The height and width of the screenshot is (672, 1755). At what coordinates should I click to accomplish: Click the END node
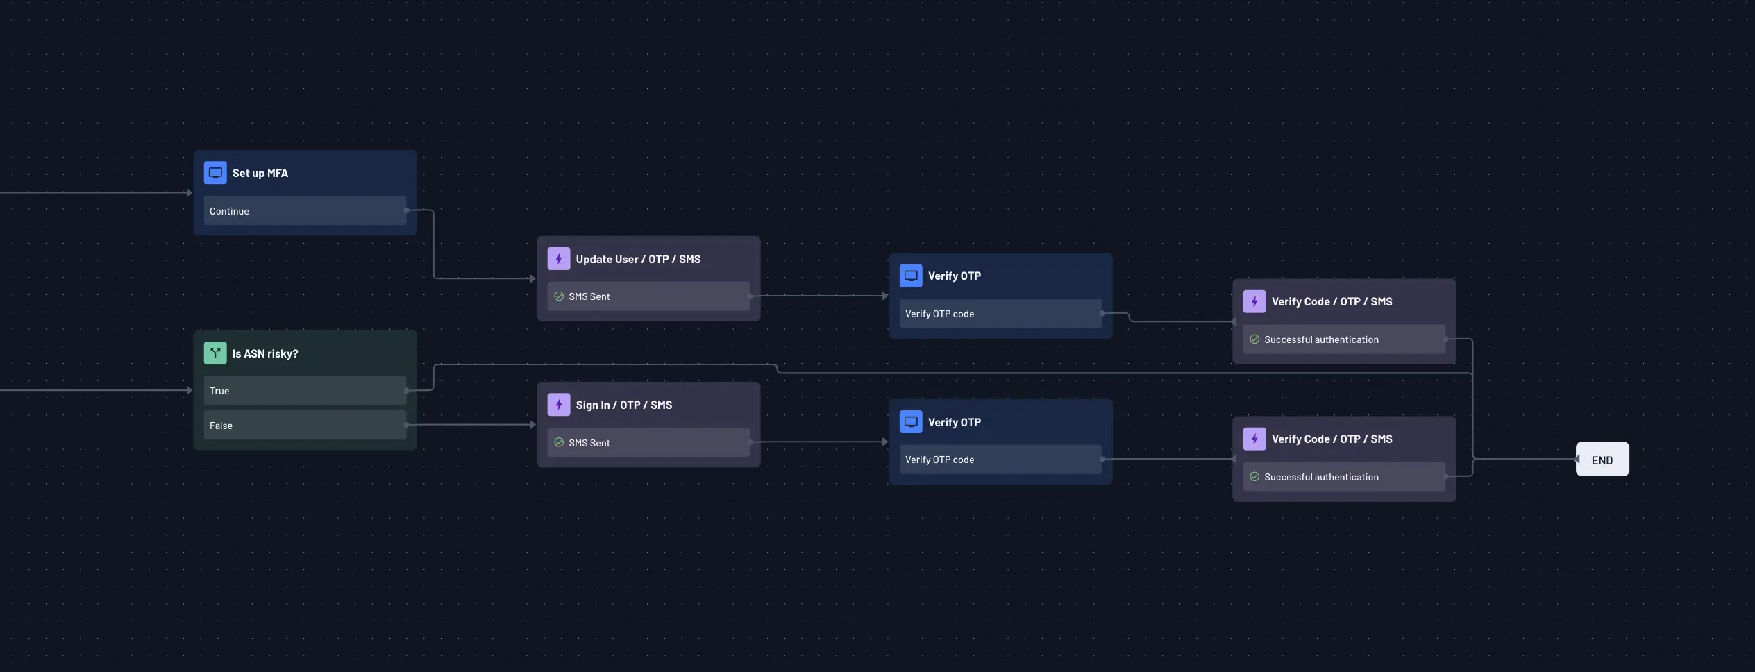[x=1602, y=460]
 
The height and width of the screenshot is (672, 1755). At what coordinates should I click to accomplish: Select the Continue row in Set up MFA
[x=304, y=210]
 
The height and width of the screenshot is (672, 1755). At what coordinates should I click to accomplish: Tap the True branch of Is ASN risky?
[x=304, y=391]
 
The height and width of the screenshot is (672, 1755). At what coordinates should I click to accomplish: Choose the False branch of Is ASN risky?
[x=304, y=426]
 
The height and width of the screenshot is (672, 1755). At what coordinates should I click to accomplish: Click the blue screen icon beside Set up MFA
[x=215, y=173]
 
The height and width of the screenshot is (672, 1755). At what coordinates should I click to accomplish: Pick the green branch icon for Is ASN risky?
[x=215, y=353]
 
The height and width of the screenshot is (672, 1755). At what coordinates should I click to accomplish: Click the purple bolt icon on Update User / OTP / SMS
[x=559, y=259]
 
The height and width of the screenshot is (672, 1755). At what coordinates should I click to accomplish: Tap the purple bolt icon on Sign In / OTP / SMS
[x=559, y=405]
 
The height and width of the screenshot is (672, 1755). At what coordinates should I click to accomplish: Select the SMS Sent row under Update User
[x=648, y=296]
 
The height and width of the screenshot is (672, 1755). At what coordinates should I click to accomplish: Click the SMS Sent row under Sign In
[x=648, y=443]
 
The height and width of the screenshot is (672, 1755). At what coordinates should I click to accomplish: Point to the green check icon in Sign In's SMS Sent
[x=559, y=442]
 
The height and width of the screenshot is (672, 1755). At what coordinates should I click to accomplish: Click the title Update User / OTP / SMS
[x=638, y=259]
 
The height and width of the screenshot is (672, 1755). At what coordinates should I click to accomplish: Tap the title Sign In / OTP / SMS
[x=623, y=405]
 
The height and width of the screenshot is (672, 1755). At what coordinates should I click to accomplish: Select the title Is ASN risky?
[x=265, y=353]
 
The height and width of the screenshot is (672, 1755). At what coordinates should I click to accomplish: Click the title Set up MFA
[x=260, y=173]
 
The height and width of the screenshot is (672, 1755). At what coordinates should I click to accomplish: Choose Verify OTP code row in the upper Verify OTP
[x=1000, y=314]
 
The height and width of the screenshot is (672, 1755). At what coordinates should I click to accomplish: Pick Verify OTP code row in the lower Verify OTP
[x=1000, y=460]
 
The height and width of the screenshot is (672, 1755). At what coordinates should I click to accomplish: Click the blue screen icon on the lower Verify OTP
[x=911, y=422]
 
